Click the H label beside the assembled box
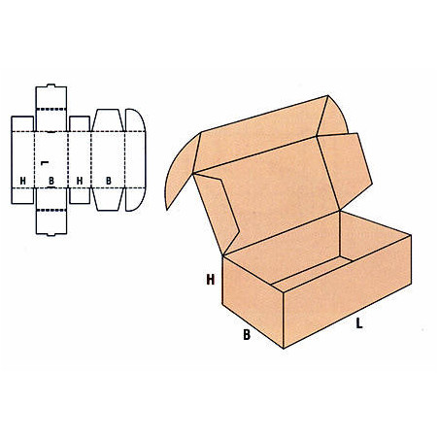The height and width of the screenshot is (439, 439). click(x=211, y=280)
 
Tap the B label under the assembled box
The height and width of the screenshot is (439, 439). click(x=247, y=335)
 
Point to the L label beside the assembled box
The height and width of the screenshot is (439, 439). click(x=359, y=323)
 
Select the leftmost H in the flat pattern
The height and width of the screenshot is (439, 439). click(x=22, y=181)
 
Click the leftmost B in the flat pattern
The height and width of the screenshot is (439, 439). click(x=51, y=181)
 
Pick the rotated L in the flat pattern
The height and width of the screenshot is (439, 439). click(x=45, y=163)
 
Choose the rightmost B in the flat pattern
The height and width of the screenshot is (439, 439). click(x=109, y=181)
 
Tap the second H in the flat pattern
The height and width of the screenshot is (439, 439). click(x=80, y=181)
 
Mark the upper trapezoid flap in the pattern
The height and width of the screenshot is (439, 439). click(x=108, y=120)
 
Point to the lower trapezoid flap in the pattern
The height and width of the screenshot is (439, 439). click(x=108, y=199)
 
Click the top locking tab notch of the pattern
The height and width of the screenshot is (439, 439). click(x=51, y=85)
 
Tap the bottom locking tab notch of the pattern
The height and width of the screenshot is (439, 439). click(x=51, y=234)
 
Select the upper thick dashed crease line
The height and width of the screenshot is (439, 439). click(x=51, y=109)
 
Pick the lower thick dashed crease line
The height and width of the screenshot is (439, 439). click(x=51, y=211)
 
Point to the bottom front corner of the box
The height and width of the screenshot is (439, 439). click(x=284, y=349)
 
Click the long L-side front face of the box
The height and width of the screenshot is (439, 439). click(x=347, y=291)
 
